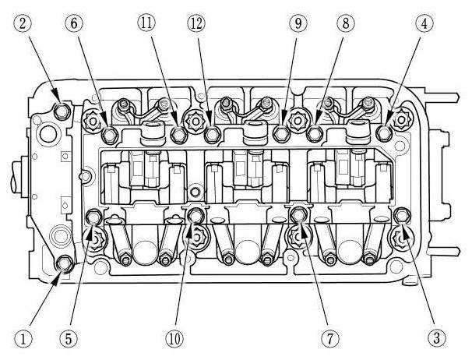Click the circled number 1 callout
26,339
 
